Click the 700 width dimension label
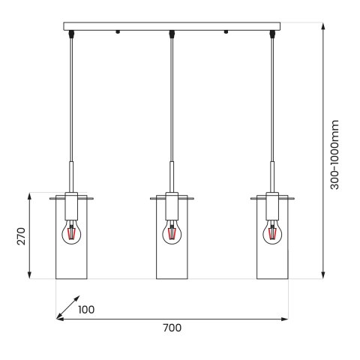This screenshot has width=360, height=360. [172, 328]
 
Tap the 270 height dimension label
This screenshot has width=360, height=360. [22, 236]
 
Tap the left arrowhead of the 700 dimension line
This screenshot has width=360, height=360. [61, 319]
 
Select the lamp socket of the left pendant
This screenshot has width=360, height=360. [71, 205]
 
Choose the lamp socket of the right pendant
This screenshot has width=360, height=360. [272, 205]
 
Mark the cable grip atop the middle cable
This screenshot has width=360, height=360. [172, 34]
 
